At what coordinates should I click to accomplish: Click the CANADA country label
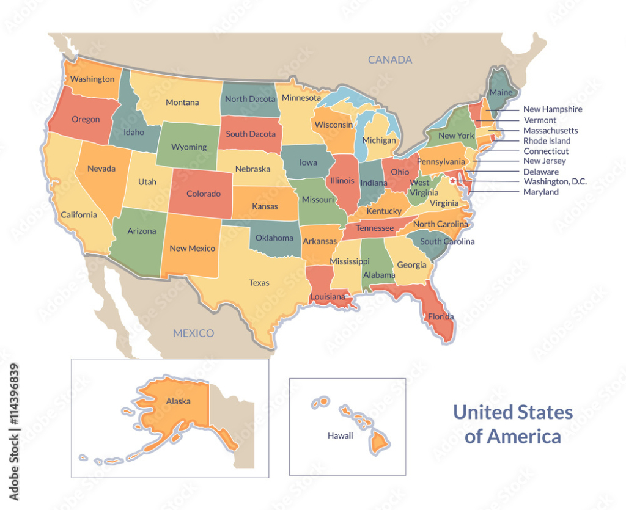tap(389, 60)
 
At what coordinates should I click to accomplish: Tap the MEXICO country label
tap(193, 333)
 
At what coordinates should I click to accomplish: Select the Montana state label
tap(182, 103)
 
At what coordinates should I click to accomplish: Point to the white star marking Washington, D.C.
tap(452, 180)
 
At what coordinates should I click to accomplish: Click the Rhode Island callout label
tap(547, 141)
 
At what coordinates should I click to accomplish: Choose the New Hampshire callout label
tap(552, 109)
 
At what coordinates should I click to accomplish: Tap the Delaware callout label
tap(540, 172)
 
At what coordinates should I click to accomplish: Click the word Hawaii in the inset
tap(340, 435)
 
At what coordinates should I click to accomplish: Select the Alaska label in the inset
tap(178, 401)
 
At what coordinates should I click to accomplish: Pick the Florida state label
tap(440, 316)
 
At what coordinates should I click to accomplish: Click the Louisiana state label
tap(329, 297)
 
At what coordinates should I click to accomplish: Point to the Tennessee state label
tap(375, 228)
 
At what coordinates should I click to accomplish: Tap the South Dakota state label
tap(251, 134)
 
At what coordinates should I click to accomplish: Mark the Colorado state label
tap(203, 194)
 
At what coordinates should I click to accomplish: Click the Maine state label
tap(500, 93)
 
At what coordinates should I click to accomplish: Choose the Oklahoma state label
tap(274, 238)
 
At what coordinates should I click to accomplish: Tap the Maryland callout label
tap(540, 192)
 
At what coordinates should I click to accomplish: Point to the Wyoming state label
tap(188, 147)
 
